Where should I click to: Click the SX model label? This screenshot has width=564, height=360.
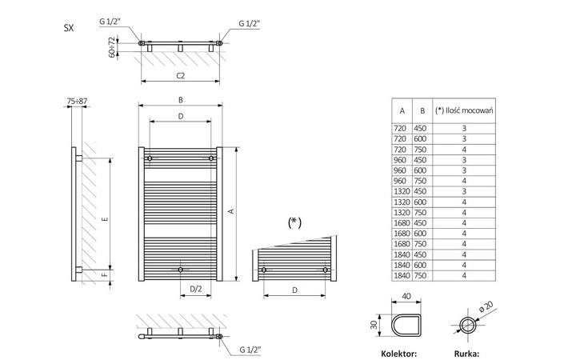[x=69, y=27]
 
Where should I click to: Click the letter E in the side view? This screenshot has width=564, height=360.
[x=105, y=219]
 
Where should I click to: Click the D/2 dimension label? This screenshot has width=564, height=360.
[x=194, y=289]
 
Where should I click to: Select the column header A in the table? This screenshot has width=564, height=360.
[x=402, y=110]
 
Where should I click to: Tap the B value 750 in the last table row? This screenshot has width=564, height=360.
[x=421, y=275]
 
